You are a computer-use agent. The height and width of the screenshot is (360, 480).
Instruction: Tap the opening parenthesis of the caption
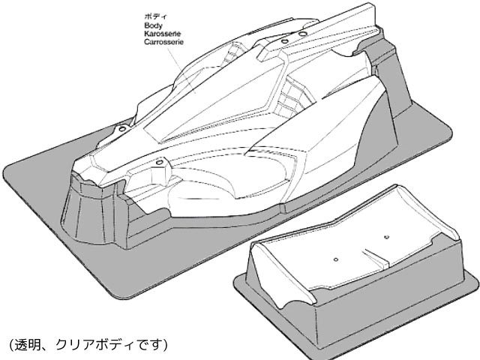tap(10, 346)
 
